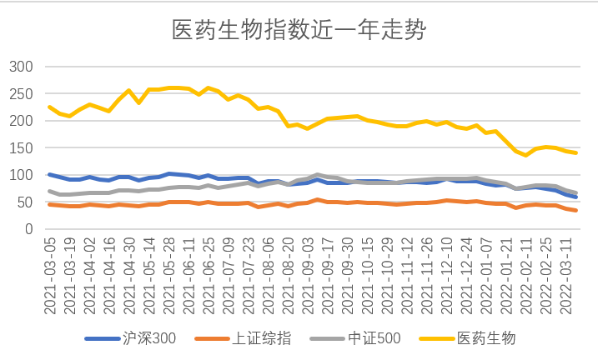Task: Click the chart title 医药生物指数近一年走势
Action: click(299, 31)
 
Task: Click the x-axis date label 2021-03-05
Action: click(50, 271)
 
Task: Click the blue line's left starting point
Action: click(50, 174)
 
